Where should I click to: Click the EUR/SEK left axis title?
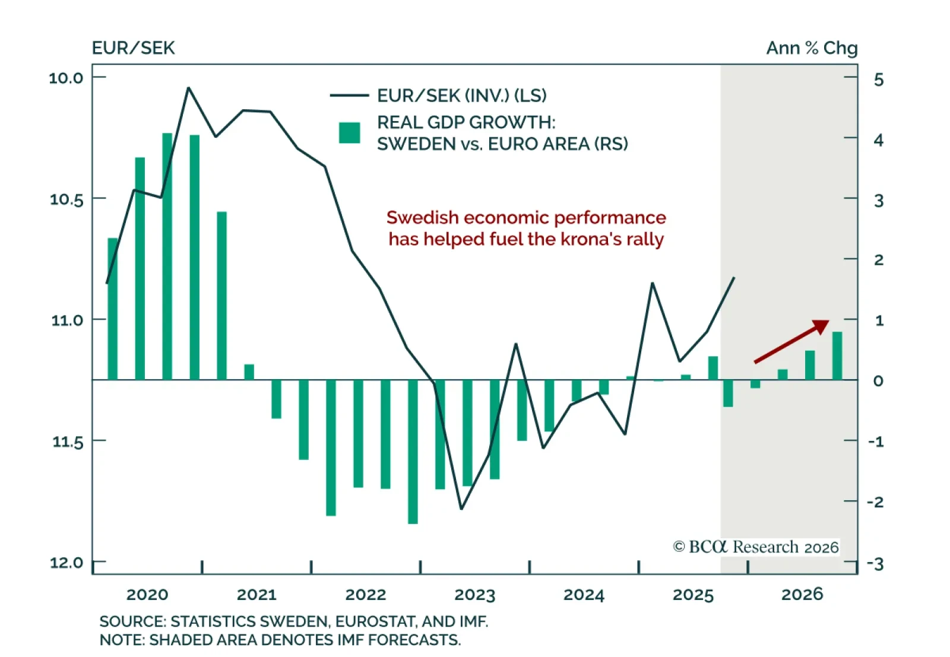[133, 48]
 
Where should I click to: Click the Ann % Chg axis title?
[811, 48]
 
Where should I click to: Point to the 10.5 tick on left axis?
[66, 199]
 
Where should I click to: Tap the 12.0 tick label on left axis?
[66, 563]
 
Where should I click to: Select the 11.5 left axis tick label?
[66, 442]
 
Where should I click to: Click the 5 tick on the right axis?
[879, 80]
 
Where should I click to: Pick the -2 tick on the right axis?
[875, 502]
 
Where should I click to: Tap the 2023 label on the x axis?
[474, 595]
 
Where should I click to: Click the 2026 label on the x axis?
[802, 595]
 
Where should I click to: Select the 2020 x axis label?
[147, 595]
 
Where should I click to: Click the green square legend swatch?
[349, 133]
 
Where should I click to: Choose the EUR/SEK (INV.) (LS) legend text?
[461, 96]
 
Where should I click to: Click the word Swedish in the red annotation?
[422, 218]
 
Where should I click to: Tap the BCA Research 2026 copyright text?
[756, 547]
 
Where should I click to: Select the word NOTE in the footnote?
[121, 640]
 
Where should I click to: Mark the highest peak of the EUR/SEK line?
[188, 88]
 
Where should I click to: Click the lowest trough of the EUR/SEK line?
[461, 509]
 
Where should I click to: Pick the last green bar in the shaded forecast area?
[837, 356]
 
